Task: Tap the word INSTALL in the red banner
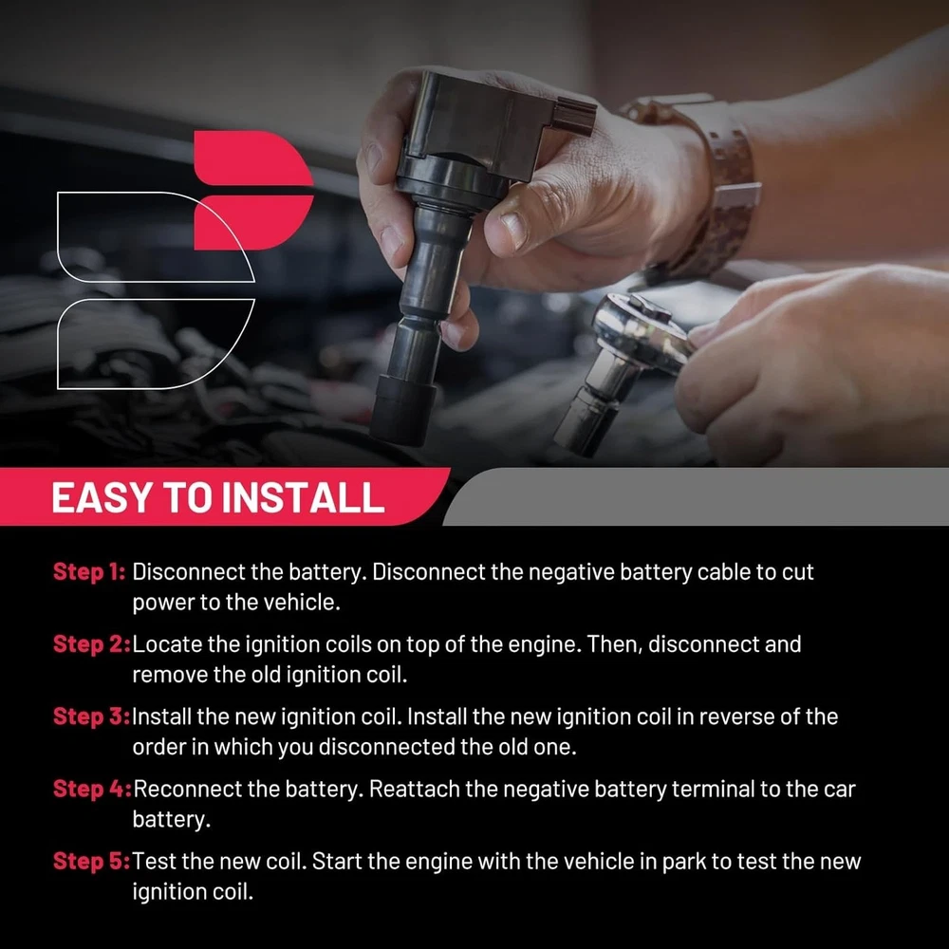(x=303, y=497)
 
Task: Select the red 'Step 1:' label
(x=89, y=572)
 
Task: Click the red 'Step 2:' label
(x=91, y=644)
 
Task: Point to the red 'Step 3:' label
(x=91, y=716)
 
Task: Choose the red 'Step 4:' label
(x=92, y=789)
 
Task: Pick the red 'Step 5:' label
(x=91, y=862)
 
